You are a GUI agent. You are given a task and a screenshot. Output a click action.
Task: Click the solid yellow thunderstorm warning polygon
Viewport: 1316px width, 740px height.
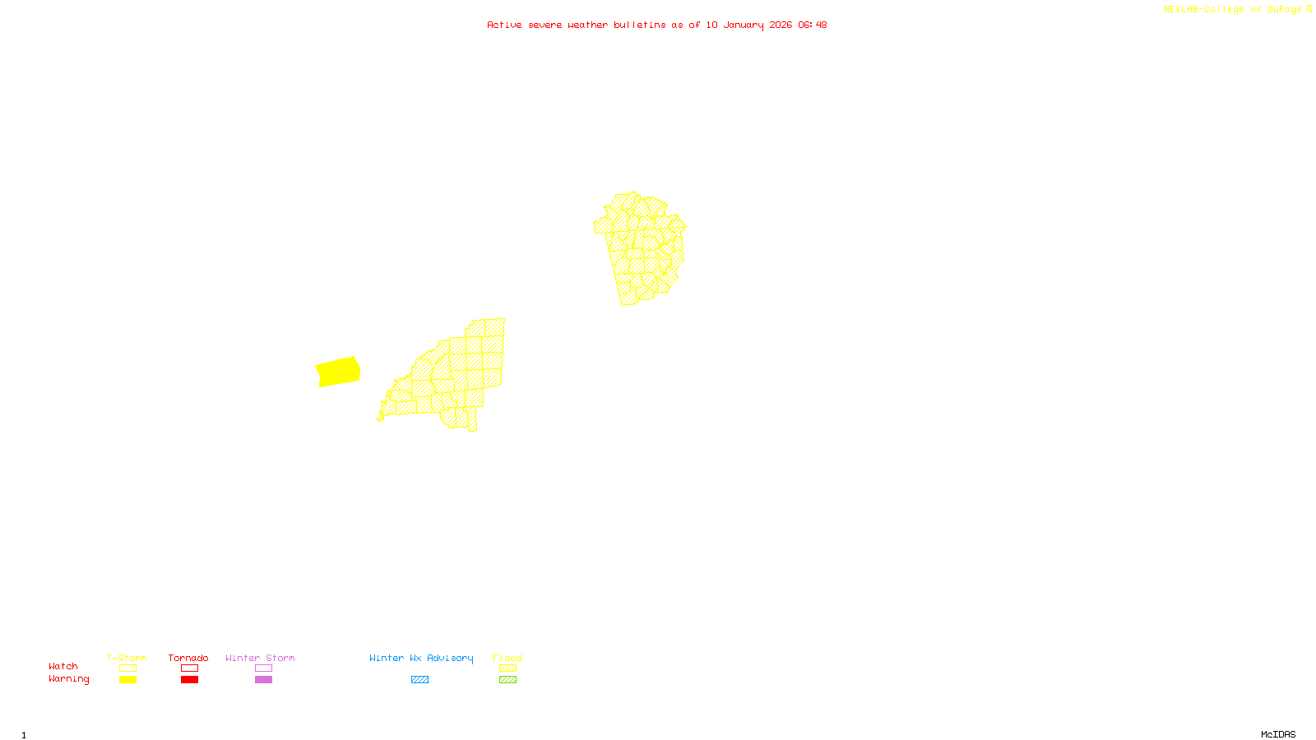click(x=338, y=372)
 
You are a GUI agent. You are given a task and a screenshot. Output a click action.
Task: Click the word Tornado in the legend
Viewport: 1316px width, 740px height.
click(x=188, y=658)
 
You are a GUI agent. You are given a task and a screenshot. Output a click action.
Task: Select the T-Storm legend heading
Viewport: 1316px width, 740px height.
click(x=127, y=658)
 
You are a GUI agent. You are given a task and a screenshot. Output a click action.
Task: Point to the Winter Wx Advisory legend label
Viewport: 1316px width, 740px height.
click(x=421, y=658)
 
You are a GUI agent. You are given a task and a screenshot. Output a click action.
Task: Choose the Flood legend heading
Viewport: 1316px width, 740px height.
click(x=507, y=658)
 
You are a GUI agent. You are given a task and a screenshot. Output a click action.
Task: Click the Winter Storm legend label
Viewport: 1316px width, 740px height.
click(x=260, y=658)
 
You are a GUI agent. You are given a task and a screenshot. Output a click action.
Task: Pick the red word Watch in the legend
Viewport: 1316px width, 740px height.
click(x=63, y=666)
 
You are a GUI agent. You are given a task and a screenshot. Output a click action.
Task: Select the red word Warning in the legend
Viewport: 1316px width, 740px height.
click(x=69, y=679)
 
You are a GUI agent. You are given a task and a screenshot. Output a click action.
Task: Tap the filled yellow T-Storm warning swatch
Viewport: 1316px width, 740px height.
click(x=127, y=680)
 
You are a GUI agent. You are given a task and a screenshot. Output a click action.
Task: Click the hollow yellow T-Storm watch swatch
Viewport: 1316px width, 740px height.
click(x=127, y=668)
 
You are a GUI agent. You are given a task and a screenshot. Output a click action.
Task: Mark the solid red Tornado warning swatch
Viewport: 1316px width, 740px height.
click(x=190, y=680)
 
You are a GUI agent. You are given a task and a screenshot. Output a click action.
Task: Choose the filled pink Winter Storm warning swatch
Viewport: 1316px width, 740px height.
click(x=263, y=680)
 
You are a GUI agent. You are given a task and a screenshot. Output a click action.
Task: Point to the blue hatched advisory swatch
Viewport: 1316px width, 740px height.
click(x=419, y=680)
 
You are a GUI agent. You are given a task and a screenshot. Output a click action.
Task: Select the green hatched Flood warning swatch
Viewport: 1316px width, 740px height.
click(x=508, y=680)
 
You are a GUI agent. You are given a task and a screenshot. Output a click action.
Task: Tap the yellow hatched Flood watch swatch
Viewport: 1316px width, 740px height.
click(x=508, y=668)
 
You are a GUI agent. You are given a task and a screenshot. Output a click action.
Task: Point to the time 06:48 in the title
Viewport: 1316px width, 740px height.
click(x=812, y=25)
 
